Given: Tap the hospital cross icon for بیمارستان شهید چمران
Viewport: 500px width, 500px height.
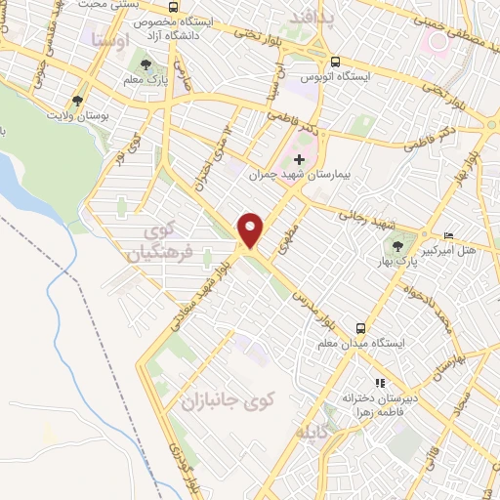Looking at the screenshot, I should pos(299,159).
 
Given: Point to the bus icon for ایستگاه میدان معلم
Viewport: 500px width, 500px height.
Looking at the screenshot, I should pos(361,328).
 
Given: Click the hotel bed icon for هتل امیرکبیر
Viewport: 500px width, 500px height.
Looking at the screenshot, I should pos(449,235).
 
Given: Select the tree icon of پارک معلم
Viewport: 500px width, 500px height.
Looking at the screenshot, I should pos(146,64).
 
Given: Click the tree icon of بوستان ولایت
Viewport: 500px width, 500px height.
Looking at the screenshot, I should pos(77,100).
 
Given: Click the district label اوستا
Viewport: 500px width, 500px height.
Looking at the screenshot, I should pos(104,40).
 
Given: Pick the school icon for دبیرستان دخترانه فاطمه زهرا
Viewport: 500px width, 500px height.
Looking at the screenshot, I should pos(379,384).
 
